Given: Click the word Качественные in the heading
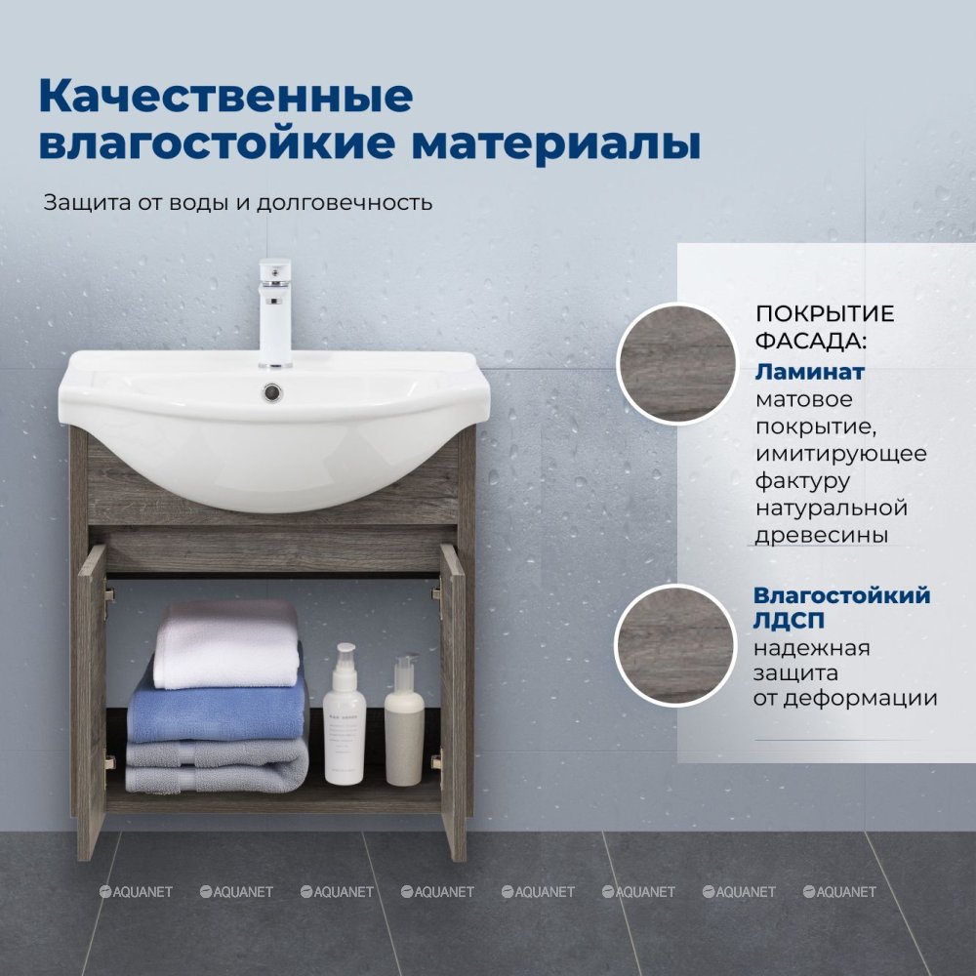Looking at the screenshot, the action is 225,97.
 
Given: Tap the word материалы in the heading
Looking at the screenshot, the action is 556,143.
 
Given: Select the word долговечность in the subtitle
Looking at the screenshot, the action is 345,203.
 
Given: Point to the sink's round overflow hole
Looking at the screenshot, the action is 272,392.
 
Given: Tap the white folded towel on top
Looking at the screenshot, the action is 227,645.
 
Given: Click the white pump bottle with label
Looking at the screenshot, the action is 343,714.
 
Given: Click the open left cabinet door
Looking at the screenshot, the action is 91,702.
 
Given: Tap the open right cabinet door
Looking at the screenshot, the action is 453,702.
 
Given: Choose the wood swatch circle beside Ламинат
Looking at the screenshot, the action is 677,363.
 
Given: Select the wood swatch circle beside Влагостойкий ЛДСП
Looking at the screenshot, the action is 676,645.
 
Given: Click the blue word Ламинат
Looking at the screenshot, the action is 810,372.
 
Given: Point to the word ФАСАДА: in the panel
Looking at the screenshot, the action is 810,341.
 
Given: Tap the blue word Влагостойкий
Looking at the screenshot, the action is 842,595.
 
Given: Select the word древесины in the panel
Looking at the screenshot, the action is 822,535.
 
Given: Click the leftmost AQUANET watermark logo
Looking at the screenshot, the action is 136,892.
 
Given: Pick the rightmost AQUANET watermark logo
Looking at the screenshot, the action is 839,892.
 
